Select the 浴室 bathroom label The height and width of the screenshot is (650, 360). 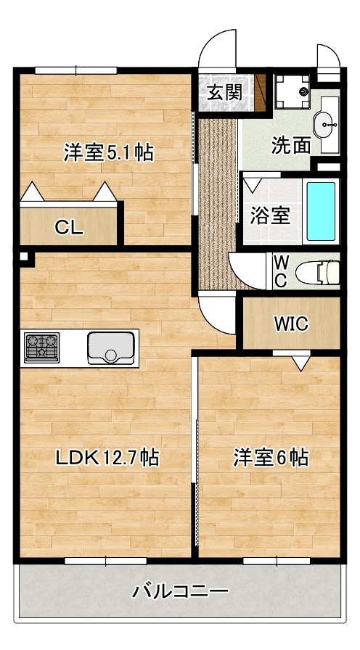tap(270, 215)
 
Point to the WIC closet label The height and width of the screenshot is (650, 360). tap(290, 324)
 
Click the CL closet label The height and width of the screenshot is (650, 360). tap(70, 227)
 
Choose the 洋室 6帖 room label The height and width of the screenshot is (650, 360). tap(271, 458)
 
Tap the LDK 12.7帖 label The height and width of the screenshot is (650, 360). tap(108, 458)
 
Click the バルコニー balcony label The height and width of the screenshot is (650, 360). tap(179, 591)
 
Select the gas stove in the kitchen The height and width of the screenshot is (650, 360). tap(41, 347)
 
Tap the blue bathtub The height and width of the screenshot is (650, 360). tap(321, 211)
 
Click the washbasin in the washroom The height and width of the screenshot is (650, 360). tap(328, 123)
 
